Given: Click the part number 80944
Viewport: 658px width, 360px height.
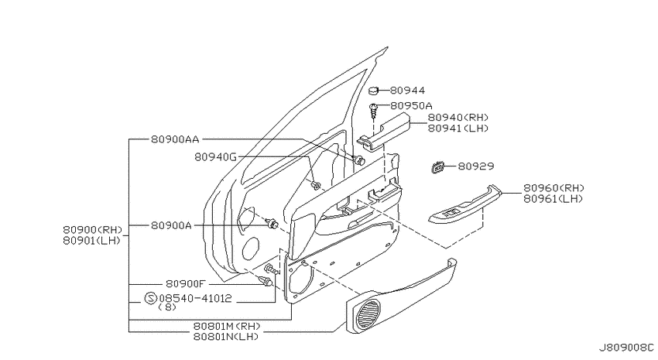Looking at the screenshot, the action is (x=407, y=91).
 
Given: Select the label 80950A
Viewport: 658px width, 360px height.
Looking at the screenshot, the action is (x=411, y=106).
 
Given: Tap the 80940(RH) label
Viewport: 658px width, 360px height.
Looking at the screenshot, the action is (x=458, y=118).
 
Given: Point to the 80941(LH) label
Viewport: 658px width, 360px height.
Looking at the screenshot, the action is (x=458, y=129).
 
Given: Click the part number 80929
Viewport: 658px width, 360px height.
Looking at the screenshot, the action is (x=475, y=166).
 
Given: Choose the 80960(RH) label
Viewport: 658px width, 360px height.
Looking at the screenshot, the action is (x=553, y=188).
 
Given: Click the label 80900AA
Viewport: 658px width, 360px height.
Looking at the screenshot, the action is (x=175, y=139).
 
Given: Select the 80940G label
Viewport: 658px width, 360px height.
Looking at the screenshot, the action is (x=215, y=157).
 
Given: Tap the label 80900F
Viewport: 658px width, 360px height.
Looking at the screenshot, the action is (x=185, y=284).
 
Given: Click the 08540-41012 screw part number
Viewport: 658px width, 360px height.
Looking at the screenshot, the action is (x=196, y=298).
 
